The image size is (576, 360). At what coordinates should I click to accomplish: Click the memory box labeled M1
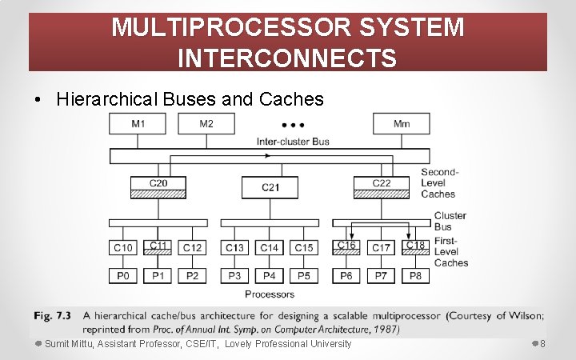click(x=138, y=124)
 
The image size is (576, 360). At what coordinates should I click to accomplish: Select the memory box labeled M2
click(x=206, y=124)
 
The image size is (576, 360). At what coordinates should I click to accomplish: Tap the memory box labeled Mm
click(x=402, y=124)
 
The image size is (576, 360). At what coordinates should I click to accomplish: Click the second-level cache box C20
click(x=158, y=186)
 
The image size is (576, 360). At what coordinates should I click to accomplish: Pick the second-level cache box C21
click(x=270, y=187)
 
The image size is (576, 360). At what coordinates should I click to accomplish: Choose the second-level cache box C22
click(x=382, y=186)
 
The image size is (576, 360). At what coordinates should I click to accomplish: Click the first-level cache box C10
click(x=124, y=248)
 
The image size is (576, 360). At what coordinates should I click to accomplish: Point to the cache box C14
click(x=270, y=248)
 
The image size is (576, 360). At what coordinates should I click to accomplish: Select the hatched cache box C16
click(x=346, y=247)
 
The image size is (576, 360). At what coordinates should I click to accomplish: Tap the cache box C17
click(x=382, y=248)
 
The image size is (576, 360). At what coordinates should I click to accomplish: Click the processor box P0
click(x=124, y=275)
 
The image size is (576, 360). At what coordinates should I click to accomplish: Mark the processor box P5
click(x=304, y=275)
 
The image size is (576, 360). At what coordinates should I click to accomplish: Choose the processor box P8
click(x=416, y=275)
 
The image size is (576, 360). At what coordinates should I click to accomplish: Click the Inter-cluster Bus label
click(x=293, y=142)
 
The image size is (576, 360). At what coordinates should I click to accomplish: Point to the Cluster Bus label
click(x=450, y=221)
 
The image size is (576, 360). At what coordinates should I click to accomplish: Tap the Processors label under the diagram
click(x=270, y=294)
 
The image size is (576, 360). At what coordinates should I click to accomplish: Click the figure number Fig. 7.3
click(x=52, y=315)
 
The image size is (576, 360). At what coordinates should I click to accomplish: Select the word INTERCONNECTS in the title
click(x=287, y=58)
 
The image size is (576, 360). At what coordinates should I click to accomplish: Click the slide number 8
click(x=542, y=344)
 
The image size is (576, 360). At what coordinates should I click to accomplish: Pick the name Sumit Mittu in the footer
click(x=69, y=344)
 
